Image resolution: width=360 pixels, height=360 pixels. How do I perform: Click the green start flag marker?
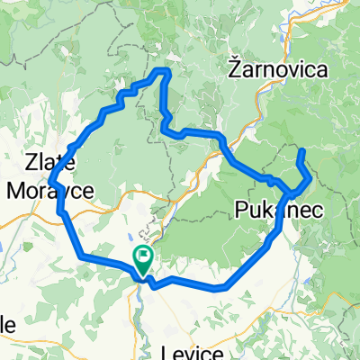point(143,259)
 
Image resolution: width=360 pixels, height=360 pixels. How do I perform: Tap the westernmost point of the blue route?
point(50,177)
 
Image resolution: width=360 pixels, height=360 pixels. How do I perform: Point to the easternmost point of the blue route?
point(311,178)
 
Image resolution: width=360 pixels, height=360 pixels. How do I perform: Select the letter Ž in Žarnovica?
point(234,67)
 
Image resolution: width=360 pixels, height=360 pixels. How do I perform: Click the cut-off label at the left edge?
point(6,323)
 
